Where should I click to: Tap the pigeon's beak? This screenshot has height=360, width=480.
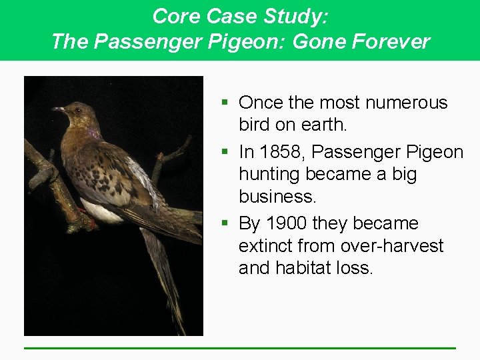[59, 109]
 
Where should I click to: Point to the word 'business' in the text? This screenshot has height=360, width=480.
[277, 197]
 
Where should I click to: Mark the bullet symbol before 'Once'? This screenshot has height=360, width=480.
[227, 103]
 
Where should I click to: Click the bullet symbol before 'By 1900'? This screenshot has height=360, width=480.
[227, 223]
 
